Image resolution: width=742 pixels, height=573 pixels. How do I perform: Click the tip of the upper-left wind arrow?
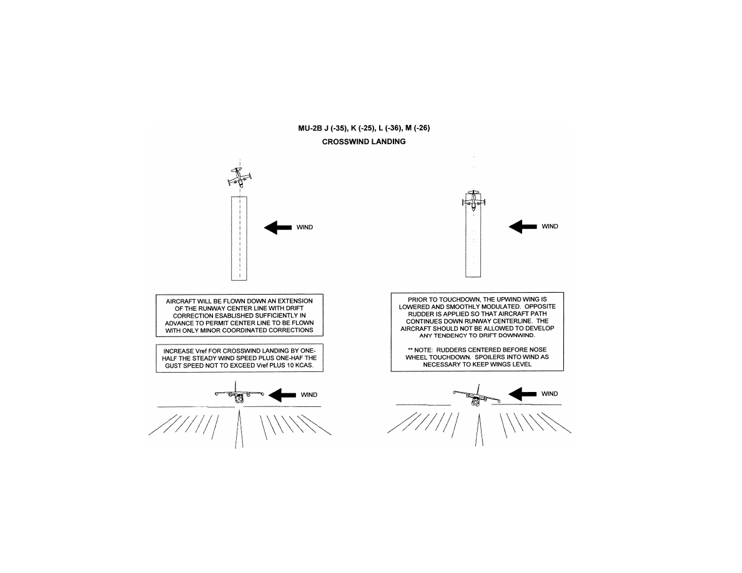(264, 227)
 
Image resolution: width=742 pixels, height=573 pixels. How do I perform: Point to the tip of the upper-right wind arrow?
(508, 227)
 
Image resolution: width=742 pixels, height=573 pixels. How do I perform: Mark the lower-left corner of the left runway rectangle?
(231, 280)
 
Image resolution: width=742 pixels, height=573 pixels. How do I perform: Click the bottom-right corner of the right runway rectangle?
(481, 277)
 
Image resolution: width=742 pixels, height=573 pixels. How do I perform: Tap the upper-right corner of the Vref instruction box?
(323, 344)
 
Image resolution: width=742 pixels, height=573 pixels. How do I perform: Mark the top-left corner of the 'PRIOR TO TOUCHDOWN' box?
(391, 293)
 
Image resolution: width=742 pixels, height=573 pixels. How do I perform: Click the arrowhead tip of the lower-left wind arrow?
(269, 394)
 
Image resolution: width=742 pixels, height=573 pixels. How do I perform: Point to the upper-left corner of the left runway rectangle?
(231, 197)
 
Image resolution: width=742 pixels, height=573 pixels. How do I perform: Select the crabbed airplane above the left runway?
(239, 177)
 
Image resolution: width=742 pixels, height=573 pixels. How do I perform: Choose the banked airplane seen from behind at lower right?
(477, 396)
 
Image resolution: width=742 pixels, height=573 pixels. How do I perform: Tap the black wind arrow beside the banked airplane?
(522, 394)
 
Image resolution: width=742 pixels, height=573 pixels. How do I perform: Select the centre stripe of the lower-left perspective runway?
(239, 429)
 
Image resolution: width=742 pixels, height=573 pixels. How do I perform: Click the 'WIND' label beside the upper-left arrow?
(305, 227)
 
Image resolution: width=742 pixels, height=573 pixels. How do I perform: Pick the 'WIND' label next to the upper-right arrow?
(550, 227)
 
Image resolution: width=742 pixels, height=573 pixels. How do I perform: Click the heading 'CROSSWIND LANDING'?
(364, 142)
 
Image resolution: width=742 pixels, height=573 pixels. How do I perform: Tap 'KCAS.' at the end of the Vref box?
(304, 365)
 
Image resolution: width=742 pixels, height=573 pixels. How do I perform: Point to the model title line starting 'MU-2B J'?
(364, 128)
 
